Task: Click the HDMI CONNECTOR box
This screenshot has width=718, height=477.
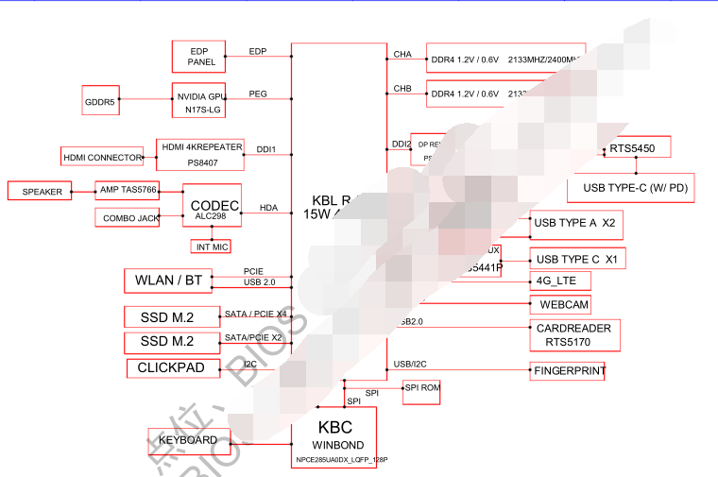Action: (101, 156)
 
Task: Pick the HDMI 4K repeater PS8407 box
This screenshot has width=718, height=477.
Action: (200, 154)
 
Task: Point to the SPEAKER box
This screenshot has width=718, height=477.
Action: (42, 191)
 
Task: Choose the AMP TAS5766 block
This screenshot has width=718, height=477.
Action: (128, 190)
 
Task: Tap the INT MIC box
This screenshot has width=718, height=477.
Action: (212, 247)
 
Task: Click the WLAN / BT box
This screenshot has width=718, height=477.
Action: (168, 281)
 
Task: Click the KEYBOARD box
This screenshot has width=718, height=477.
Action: (188, 440)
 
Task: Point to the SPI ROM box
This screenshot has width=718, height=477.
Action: (421, 387)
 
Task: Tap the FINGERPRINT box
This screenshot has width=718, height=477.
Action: (568, 371)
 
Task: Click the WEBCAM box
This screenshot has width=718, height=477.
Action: (564, 304)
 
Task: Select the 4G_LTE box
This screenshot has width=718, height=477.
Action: (561, 281)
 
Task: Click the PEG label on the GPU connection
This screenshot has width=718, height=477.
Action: (257, 94)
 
